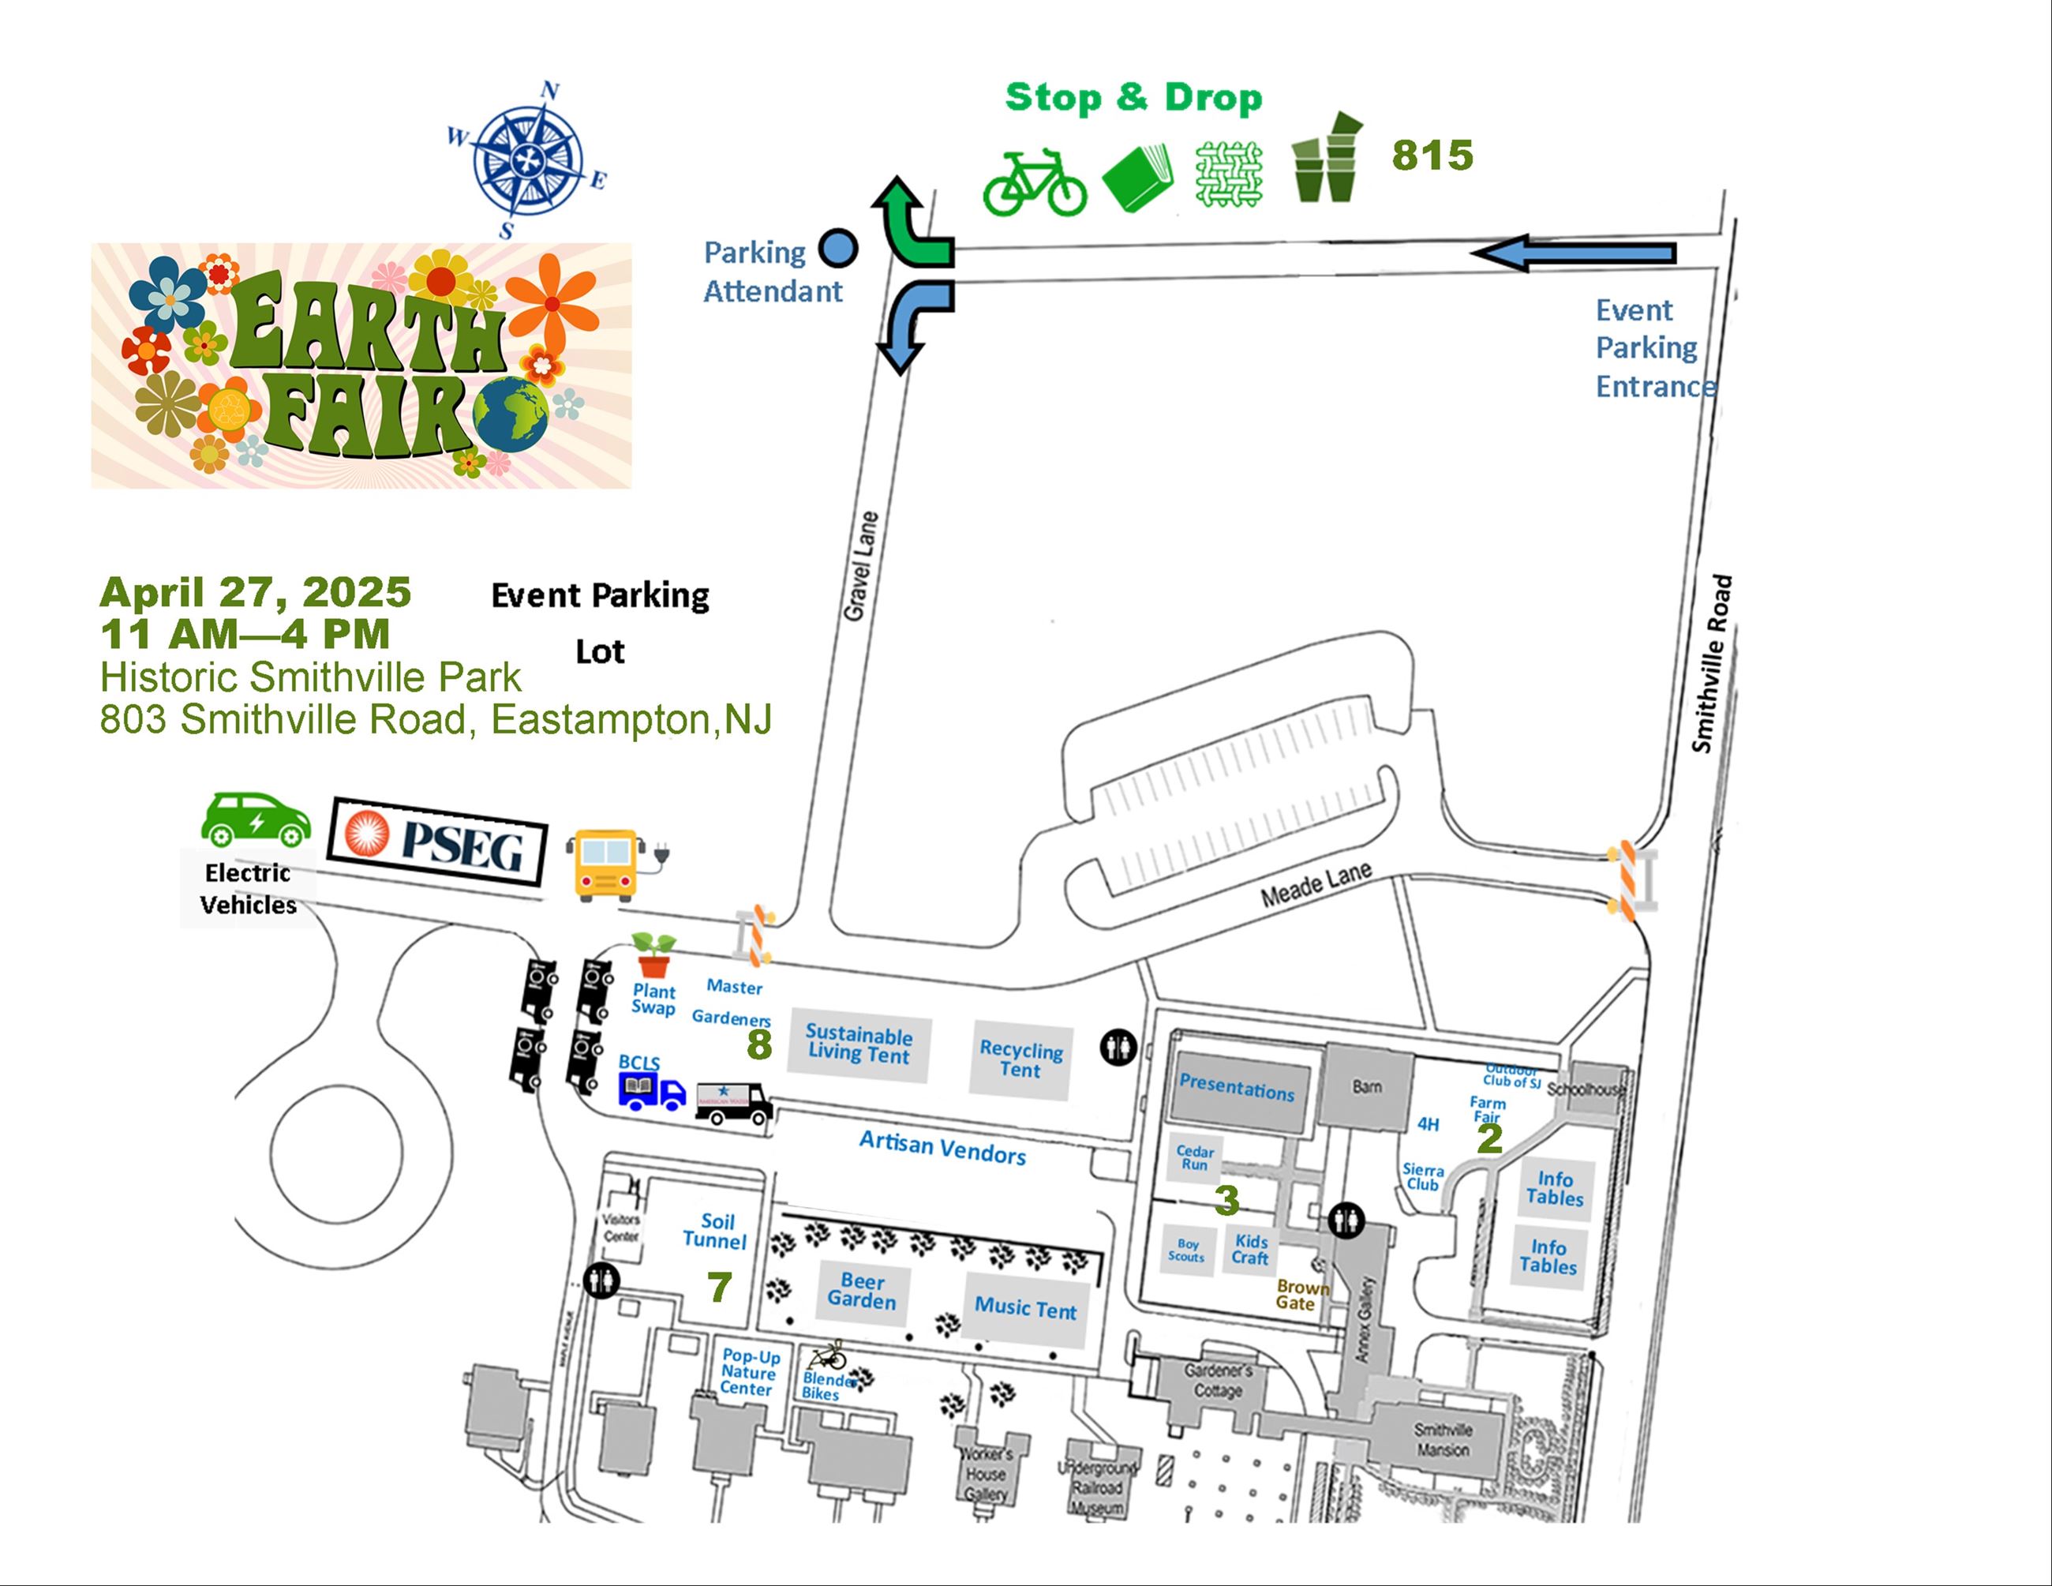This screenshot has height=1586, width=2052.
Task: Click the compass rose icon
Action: pyautogui.click(x=527, y=159)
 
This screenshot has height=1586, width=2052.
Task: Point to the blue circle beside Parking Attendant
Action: pyautogui.click(x=838, y=249)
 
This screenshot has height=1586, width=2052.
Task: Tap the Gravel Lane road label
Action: pyautogui.click(x=860, y=567)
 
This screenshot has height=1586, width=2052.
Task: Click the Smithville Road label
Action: pyautogui.click(x=1712, y=663)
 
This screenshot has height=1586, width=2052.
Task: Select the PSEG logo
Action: pyautogui.click(x=438, y=841)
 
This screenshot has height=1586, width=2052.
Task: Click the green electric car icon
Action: pyautogui.click(x=255, y=819)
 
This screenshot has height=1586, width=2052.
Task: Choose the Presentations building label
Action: pyautogui.click(x=1238, y=1087)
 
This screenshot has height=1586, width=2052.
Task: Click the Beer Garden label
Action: pyautogui.click(x=862, y=1291)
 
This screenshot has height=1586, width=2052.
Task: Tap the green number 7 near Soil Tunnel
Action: pyautogui.click(x=720, y=1288)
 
